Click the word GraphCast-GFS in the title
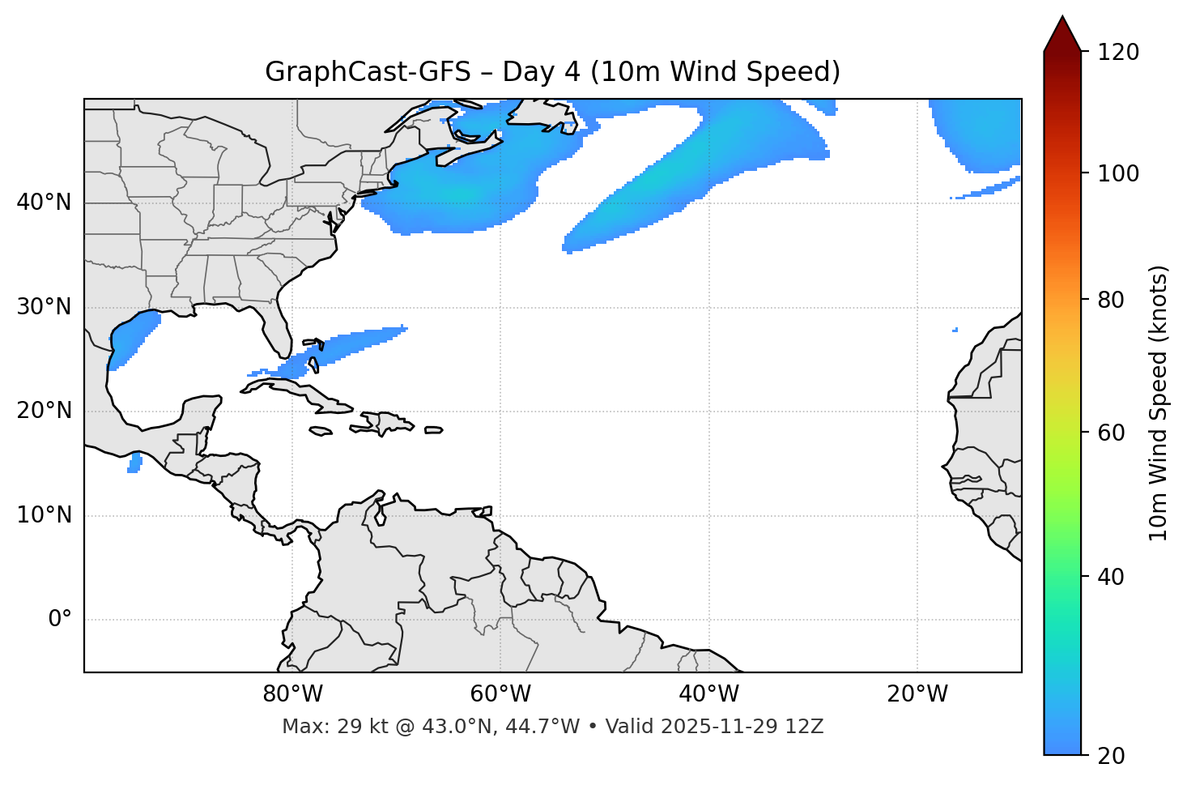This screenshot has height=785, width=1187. pos(368,72)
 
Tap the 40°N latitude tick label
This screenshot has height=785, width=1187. pos(44,203)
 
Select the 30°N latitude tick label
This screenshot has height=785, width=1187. pos(44,307)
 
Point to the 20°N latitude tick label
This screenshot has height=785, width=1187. pos(44,411)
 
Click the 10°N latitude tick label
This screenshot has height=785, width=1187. pos(44,515)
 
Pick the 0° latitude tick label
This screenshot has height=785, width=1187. pos(60,620)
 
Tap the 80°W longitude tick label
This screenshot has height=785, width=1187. pos(292,694)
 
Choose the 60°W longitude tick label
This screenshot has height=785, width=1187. pos(500,694)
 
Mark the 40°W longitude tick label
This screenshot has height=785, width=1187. pos(708,694)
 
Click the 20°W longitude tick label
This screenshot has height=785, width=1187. pos(917,694)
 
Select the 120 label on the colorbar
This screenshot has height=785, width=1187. pos(1118,52)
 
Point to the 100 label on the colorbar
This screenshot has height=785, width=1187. pos(1118,173)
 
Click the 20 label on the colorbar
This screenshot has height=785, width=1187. pos(1111,756)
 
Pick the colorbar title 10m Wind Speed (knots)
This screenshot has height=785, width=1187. pos(1159,403)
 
